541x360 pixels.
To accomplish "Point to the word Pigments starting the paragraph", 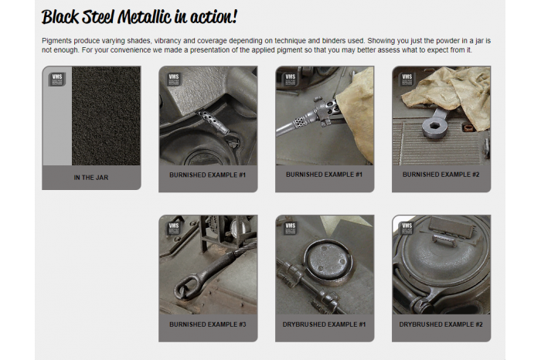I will pyautogui.click(x=59, y=39).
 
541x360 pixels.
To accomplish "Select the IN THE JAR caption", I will pyautogui.click(x=91, y=177).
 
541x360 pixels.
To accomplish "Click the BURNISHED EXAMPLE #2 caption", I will pyautogui.click(x=441, y=175).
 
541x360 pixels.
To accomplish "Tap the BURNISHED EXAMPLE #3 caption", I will pyautogui.click(x=207, y=324).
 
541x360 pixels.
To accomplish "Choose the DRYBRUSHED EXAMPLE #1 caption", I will pyautogui.click(x=324, y=324).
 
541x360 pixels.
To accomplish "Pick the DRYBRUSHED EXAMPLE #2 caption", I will pyautogui.click(x=441, y=324).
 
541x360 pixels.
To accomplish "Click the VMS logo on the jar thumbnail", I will pyautogui.click(x=56, y=79).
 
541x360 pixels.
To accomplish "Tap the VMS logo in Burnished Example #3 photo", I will pyautogui.click(x=173, y=227).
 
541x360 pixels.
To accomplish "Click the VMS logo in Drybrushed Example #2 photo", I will pyautogui.click(x=407, y=227).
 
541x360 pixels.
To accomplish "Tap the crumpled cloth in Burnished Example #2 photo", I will pyautogui.click(x=448, y=89).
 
